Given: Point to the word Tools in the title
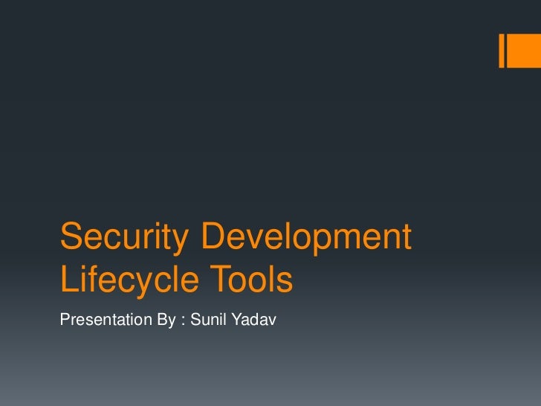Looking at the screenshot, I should (254, 281).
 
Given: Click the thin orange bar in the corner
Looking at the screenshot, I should (503, 50).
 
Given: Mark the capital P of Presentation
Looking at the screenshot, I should (64, 320).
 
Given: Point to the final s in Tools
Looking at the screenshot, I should (285, 283).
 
